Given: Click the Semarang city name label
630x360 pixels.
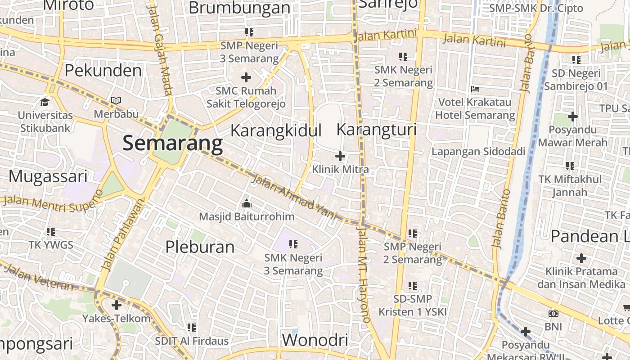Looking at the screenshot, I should coord(173,144).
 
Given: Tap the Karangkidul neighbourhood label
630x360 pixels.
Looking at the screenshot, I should coord(276,130).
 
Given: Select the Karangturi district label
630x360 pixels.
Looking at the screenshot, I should coord(377,130).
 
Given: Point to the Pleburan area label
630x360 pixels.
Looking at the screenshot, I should coord(200,247).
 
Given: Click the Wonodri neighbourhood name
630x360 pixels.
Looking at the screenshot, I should coord(315,340).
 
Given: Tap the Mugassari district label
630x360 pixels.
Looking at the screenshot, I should coord(48,176).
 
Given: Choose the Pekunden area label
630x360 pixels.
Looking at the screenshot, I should coord(103,71).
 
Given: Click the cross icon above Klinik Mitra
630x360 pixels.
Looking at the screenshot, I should coord(340,156).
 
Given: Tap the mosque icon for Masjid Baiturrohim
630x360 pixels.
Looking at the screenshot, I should coord(246,204).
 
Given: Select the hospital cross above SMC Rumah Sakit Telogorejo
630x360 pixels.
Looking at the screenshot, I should coord(246,77).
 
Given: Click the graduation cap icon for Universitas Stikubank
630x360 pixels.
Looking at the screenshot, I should coord(45,102).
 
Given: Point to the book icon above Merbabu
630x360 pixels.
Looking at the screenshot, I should coord(116,101).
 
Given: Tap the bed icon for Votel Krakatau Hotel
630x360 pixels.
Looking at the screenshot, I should coord(475,89).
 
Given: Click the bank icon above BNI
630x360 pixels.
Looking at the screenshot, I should coord(553,314).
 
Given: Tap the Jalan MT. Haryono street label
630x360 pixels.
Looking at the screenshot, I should coord(364,274).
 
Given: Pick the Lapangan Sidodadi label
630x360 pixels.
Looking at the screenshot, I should coord(478,152).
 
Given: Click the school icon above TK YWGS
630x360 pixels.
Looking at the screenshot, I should coord(51,232).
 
